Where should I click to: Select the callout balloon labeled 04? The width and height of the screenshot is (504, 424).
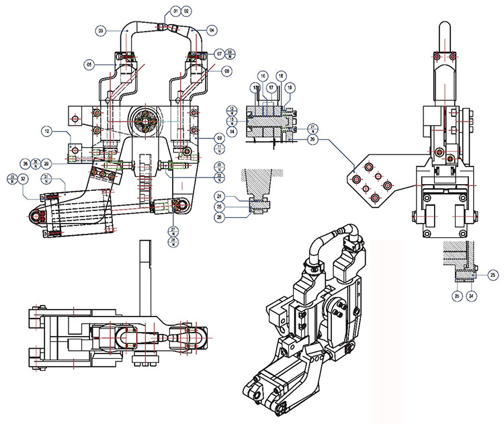click(x=211, y=30)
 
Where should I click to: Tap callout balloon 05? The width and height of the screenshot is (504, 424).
click(x=89, y=65)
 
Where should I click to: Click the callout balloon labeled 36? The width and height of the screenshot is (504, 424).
click(x=26, y=163)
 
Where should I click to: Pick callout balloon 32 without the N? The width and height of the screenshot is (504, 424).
click(x=24, y=179)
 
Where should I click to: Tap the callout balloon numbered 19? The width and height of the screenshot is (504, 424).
click(x=290, y=87)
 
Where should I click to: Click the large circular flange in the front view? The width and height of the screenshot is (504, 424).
click(x=145, y=122)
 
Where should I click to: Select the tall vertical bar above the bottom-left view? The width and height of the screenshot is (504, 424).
click(x=144, y=269)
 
